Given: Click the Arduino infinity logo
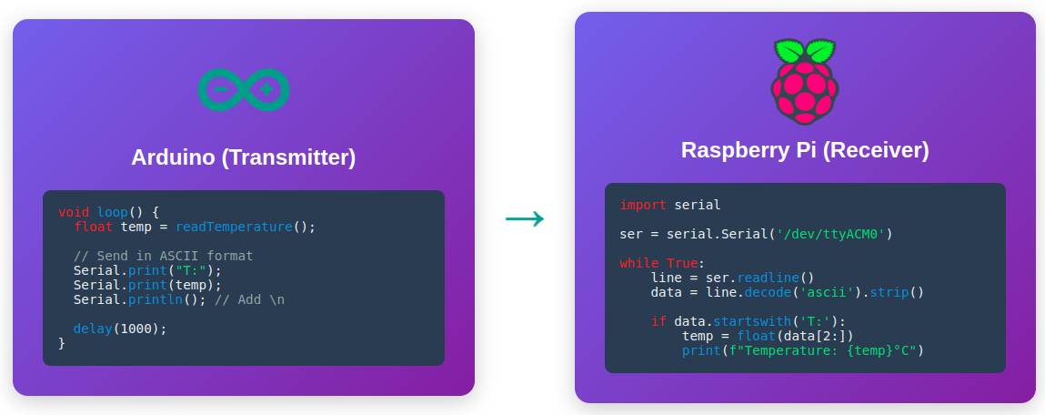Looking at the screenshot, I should [244, 90].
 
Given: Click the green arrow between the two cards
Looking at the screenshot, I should [525, 218].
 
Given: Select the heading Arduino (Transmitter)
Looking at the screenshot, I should [244, 157].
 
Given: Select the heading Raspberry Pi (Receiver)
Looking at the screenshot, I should [805, 150].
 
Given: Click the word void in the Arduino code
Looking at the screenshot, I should [74, 212].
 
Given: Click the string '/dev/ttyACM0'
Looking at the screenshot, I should [832, 234].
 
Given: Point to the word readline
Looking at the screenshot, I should [770, 278].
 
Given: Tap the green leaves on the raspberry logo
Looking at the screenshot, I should [805, 49].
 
